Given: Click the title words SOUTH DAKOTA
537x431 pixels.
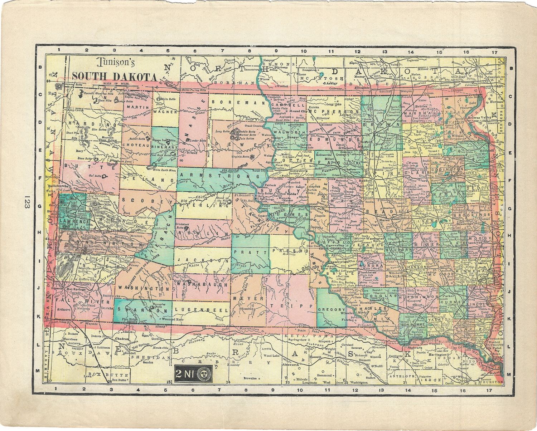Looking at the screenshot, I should click(x=114, y=77).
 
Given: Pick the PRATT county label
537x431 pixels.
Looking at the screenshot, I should click(x=250, y=252).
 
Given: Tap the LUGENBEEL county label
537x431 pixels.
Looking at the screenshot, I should click(x=201, y=309).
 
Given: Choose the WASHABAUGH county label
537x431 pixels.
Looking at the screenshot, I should click(x=201, y=285).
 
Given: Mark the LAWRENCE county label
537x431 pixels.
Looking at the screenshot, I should click(x=74, y=221).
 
